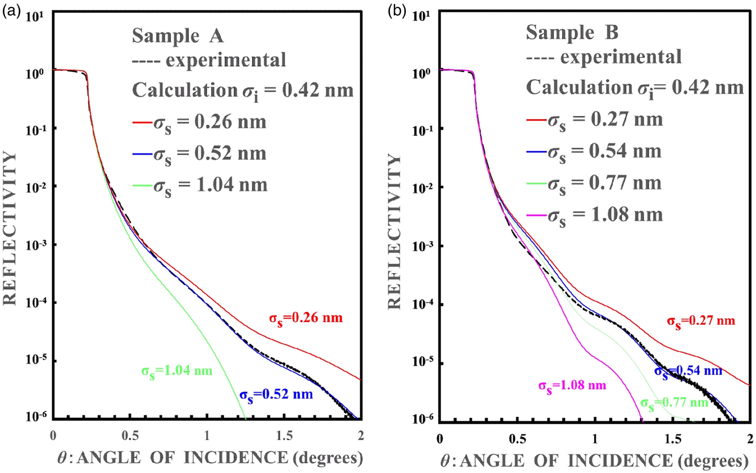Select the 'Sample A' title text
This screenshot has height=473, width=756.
pos(178,36)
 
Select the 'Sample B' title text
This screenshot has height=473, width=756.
pos(572,33)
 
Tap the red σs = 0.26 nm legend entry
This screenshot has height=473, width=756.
pos(200,123)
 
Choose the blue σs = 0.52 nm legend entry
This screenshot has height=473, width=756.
pos(200,154)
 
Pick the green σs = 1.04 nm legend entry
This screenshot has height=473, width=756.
pos(200,185)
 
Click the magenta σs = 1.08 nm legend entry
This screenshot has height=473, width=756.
pos(595,216)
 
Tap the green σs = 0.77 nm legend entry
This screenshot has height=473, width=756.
pos(595,184)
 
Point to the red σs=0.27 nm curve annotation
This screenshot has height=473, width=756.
pos(700,321)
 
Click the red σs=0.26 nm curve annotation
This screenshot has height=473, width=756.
pos(306,318)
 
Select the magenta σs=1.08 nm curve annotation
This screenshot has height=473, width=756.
pos(572,386)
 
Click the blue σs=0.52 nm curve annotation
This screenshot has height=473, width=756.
pos(276,395)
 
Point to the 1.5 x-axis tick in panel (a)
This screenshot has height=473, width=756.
pos(284,436)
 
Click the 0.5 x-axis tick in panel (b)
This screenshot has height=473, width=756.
pos(517,438)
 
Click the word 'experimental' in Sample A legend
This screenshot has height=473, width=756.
pos(226,60)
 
